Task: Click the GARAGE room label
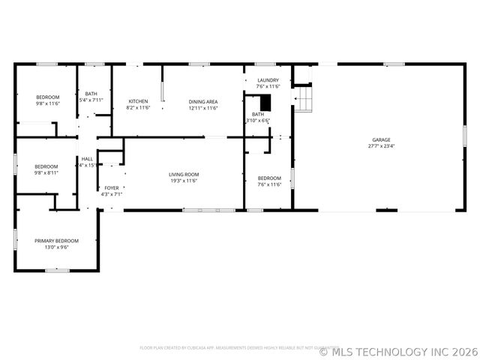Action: pyautogui.click(x=381, y=139)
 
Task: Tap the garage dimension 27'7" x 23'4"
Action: pyautogui.click(x=381, y=147)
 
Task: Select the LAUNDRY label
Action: pyautogui.click(x=268, y=80)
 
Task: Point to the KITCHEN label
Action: pyautogui.click(x=138, y=101)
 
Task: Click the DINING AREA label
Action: pyautogui.click(x=203, y=101)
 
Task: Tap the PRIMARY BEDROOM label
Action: pyautogui.click(x=56, y=241)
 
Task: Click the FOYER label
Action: pyautogui.click(x=111, y=187)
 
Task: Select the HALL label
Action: pyautogui.click(x=87, y=159)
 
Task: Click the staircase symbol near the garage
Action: pyautogui.click(x=301, y=98)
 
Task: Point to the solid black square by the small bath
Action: pyautogui.click(x=265, y=104)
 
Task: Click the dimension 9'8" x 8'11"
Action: pyautogui.click(x=46, y=172)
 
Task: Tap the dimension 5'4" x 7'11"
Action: pyautogui.click(x=91, y=100)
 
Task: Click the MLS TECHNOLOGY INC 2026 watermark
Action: pyautogui.click(x=398, y=351)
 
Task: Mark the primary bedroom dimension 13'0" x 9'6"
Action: pyautogui.click(x=56, y=247)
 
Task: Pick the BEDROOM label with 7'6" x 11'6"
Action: pyautogui.click(x=269, y=178)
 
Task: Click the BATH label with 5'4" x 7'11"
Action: pyautogui.click(x=91, y=94)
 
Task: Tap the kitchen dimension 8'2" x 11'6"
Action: pyautogui.click(x=138, y=108)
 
